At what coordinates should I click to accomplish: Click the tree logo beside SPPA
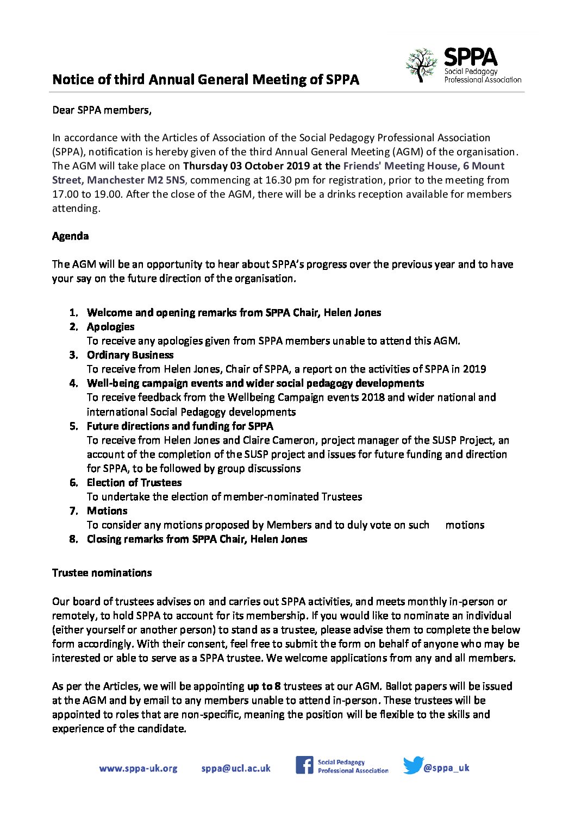[421, 65]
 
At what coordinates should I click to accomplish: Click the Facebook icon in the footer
[304, 765]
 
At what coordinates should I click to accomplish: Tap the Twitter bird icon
[412, 765]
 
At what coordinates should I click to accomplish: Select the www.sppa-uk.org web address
[138, 768]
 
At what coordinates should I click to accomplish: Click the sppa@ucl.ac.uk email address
[236, 768]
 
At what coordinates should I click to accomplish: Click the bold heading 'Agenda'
[70, 236]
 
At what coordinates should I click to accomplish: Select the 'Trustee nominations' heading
[102, 573]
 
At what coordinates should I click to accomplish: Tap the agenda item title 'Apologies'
[110, 327]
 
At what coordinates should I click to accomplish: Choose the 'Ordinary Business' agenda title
[130, 355]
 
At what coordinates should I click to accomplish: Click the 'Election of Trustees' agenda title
[134, 483]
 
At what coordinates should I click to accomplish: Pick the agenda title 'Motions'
[107, 511]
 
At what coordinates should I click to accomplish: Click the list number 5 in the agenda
[73, 426]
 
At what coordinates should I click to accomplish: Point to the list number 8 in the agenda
[73, 539]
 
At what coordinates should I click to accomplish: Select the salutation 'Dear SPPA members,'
[102, 110]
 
